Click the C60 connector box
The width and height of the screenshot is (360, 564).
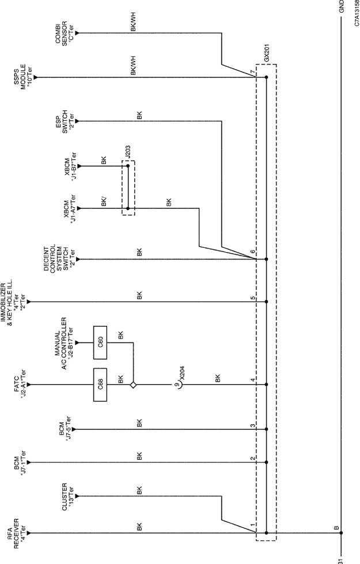click(x=100, y=342)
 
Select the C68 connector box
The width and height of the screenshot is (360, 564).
click(x=100, y=385)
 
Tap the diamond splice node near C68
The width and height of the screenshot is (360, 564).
click(x=133, y=385)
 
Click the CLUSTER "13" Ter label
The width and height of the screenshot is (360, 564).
click(x=68, y=497)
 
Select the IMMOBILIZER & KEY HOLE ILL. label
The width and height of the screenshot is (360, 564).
click(x=13, y=302)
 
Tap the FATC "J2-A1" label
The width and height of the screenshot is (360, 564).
click(x=20, y=385)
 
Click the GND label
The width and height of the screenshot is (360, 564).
click(x=342, y=6)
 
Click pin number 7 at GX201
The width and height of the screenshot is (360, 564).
click(x=253, y=73)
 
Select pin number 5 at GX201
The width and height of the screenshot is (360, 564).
click(x=253, y=298)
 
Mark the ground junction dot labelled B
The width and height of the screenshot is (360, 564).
click(x=341, y=533)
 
